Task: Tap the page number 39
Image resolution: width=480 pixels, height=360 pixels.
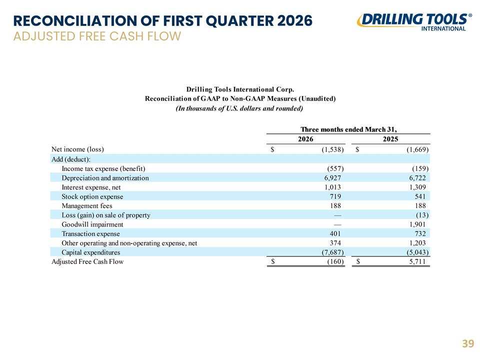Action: pyautogui.click(x=468, y=344)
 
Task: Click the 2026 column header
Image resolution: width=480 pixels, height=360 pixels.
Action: pyautogui.click(x=305, y=139)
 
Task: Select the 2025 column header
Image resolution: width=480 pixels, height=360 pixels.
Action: pyautogui.click(x=390, y=139)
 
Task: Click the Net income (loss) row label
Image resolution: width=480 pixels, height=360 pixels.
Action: pyautogui.click(x=78, y=149)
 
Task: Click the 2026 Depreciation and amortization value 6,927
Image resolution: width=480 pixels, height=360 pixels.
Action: pyautogui.click(x=332, y=178)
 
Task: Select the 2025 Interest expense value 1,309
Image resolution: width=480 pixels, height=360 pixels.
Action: pyautogui.click(x=417, y=187)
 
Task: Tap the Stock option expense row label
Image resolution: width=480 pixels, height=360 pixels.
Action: pyautogui.click(x=92, y=196)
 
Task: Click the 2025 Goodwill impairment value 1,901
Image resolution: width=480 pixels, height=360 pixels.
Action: pyautogui.click(x=417, y=224)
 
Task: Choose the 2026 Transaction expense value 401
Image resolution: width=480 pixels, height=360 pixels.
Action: pyautogui.click(x=335, y=234)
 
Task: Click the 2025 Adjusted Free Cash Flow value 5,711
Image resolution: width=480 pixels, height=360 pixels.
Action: pyautogui.click(x=417, y=261)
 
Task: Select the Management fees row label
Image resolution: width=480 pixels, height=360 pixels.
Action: pyautogui.click(x=87, y=206)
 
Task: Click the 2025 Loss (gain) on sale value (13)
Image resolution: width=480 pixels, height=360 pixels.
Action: pyautogui.click(x=422, y=215)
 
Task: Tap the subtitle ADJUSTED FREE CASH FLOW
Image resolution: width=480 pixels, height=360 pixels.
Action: pyautogui.click(x=97, y=36)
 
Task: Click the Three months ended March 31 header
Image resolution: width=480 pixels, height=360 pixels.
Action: pyautogui.click(x=348, y=129)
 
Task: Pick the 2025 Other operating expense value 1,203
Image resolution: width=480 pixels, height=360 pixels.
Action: pyautogui.click(x=417, y=243)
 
